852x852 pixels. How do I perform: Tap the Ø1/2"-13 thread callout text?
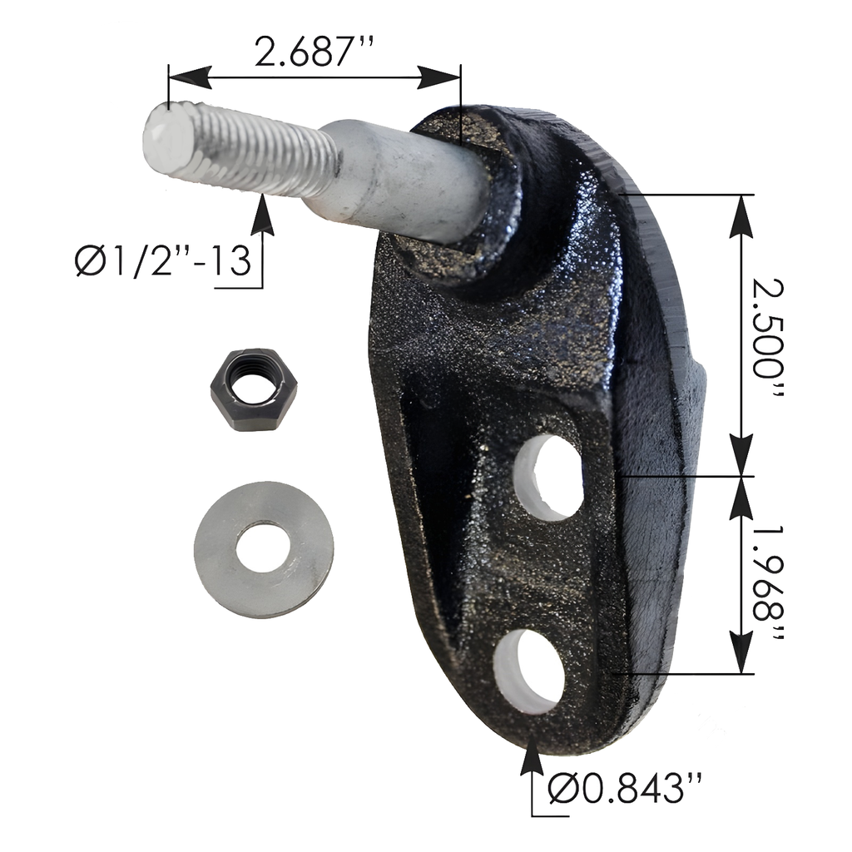pyautogui.click(x=164, y=260)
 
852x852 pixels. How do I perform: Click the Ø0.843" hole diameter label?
pyautogui.click(x=625, y=789)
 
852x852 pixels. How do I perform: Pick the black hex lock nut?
pyautogui.click(x=254, y=390)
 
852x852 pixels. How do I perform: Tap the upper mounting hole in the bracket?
pyautogui.click(x=549, y=478)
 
